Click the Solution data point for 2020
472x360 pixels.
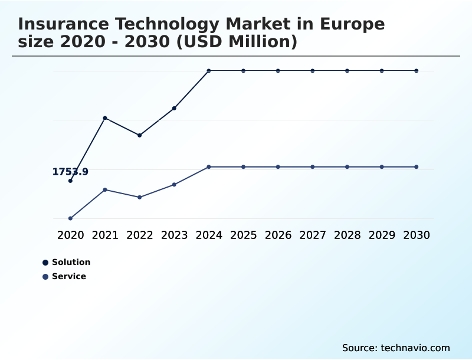70,181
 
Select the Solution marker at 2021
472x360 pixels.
105,118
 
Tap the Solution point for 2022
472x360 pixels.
139,135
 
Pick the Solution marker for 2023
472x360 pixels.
174,108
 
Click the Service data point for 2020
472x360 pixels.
70,218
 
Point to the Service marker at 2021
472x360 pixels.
105,189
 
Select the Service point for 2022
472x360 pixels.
139,197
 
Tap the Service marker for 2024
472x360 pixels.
209,167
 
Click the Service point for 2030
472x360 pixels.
416,167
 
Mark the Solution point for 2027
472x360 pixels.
312,71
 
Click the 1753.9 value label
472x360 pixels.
70,172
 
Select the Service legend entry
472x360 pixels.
64,276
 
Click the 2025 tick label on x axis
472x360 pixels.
243,235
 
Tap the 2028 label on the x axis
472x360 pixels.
347,235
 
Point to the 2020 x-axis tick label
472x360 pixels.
70,235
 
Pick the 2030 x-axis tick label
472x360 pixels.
416,235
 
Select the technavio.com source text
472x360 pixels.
415,348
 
